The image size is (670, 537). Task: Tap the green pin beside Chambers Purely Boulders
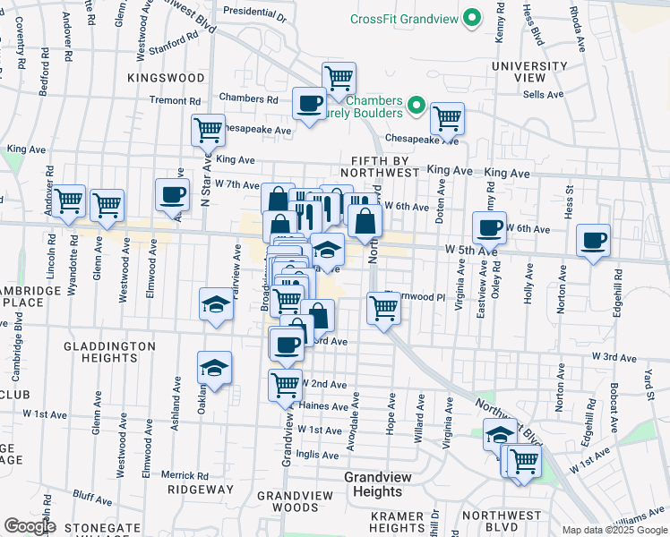pyautogui.click(x=416, y=107)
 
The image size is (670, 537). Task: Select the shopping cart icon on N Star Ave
pyautogui.click(x=208, y=131)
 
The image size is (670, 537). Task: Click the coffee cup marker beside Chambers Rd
pyautogui.click(x=309, y=104)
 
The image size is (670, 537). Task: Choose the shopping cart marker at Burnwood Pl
pyautogui.click(x=383, y=310)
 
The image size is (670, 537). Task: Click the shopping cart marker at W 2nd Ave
pyautogui.click(x=285, y=386)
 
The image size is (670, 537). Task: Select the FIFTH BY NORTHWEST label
pyautogui.click(x=380, y=166)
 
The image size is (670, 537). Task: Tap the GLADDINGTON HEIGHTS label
pyautogui.click(x=99, y=351)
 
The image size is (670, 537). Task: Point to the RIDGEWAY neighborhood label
pyautogui.click(x=205, y=490)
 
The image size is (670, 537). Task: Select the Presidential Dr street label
pyautogui.click(x=253, y=15)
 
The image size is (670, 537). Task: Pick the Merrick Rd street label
pyautogui.click(x=185, y=475)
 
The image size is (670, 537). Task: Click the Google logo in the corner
pyautogui.click(x=30, y=526)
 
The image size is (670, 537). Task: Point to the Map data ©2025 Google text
pyautogui.click(x=614, y=530)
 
